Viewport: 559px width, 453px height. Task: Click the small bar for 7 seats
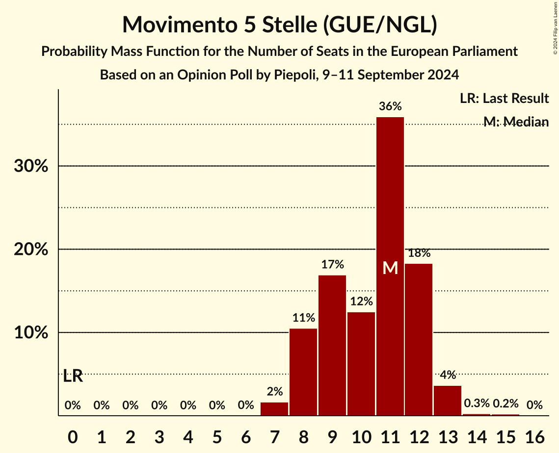coord(274,409)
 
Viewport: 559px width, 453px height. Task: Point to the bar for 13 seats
coord(448,401)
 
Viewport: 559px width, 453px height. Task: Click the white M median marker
coord(390,268)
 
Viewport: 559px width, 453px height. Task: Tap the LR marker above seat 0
coord(73,377)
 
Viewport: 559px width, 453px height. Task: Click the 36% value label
coord(390,106)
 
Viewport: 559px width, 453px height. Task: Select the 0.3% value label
coord(477,403)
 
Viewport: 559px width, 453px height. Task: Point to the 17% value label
coord(332,265)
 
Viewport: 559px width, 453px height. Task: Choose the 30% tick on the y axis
coord(31,166)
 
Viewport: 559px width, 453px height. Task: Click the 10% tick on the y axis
coord(31,333)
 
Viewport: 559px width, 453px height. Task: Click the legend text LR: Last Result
coord(504,99)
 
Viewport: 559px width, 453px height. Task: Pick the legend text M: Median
coord(516,122)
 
